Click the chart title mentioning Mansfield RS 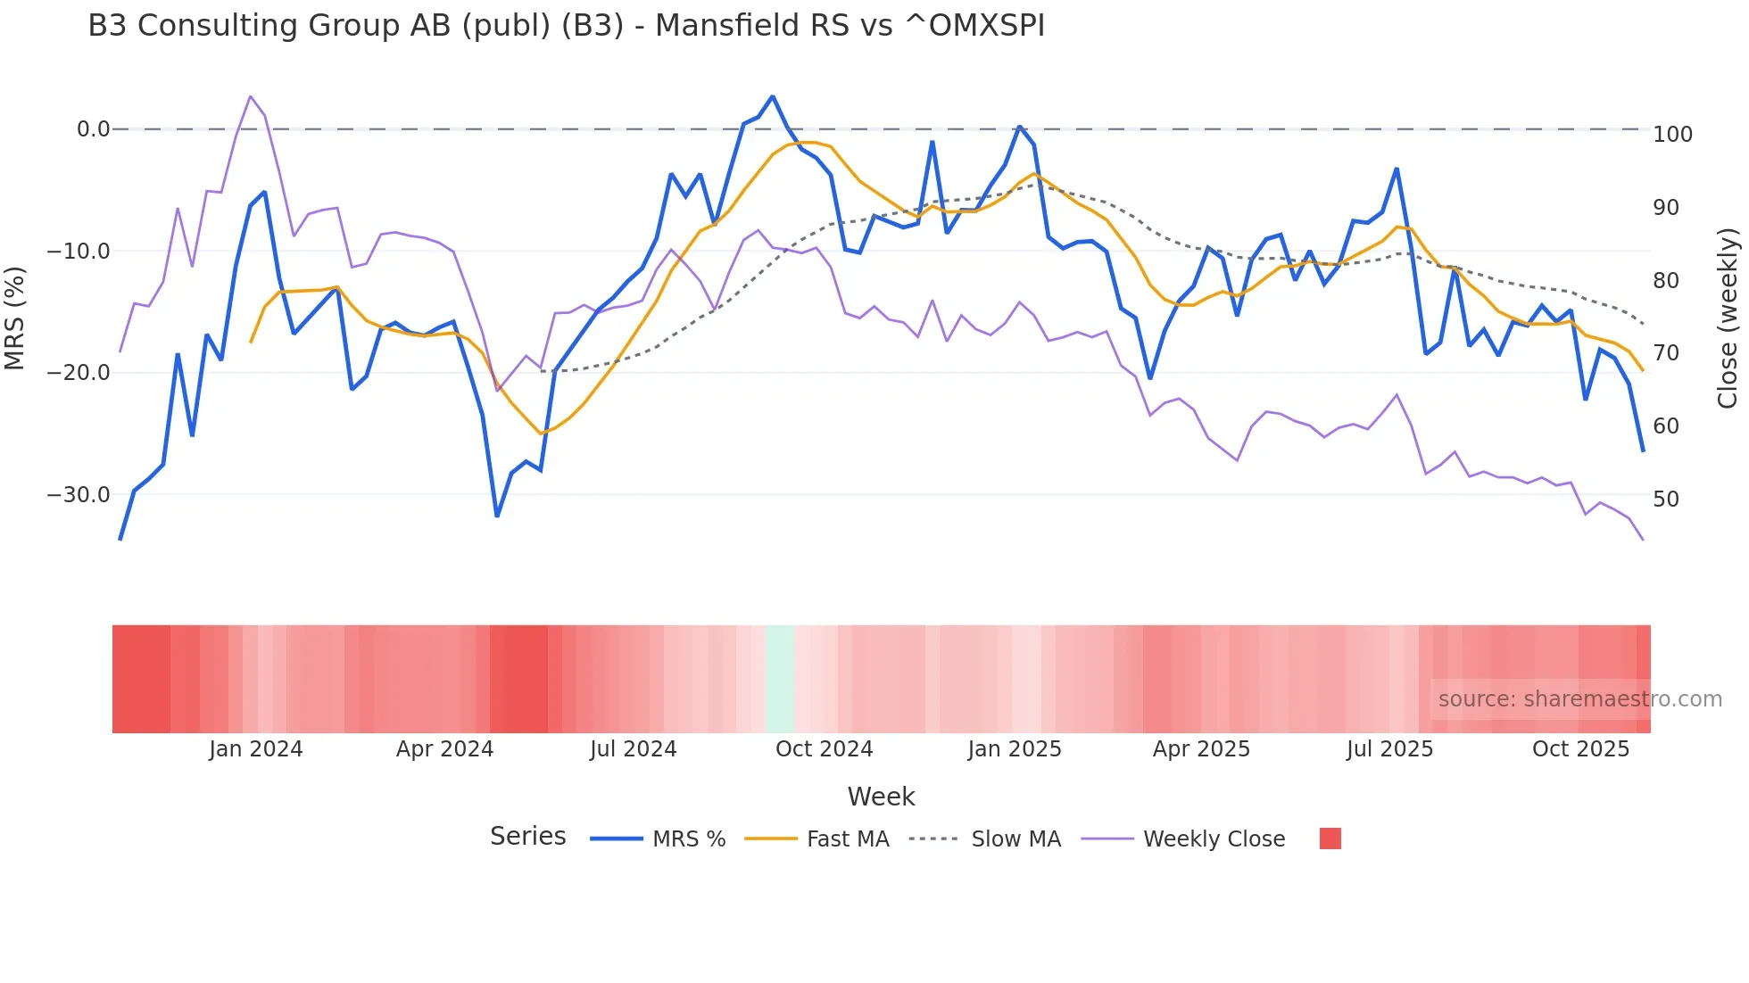[566, 26]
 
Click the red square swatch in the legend [1330, 838]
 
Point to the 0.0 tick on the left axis [93, 129]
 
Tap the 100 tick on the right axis [1672, 135]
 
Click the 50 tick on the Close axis [1666, 500]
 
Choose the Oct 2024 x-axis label [824, 749]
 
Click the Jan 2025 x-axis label [1015, 749]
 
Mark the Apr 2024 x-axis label [444, 749]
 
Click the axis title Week [881, 797]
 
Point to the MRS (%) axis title [15, 318]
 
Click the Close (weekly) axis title [1728, 318]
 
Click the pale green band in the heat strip [780, 679]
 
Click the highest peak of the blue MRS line [772, 96]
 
